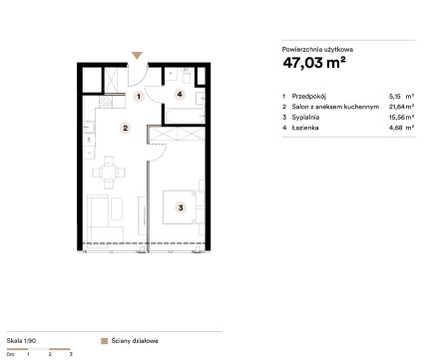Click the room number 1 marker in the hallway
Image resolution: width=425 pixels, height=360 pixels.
click(x=139, y=97)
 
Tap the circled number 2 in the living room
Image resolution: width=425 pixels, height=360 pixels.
click(x=126, y=128)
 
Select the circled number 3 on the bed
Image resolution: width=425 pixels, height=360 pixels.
click(x=181, y=207)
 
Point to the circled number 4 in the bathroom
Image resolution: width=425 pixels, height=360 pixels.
click(x=180, y=95)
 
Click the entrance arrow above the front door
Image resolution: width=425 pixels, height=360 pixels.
click(x=137, y=56)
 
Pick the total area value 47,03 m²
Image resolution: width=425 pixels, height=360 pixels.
click(x=314, y=63)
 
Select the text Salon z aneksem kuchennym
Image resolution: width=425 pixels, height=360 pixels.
click(x=335, y=107)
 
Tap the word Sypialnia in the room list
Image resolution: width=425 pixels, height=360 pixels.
click(x=305, y=118)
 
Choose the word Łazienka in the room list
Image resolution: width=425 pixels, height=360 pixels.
click(x=305, y=128)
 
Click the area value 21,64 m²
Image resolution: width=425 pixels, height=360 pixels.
click(x=402, y=107)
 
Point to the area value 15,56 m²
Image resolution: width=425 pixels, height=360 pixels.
click(x=402, y=118)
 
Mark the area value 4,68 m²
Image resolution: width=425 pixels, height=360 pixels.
click(x=402, y=128)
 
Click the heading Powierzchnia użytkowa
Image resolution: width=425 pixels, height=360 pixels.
click(x=317, y=50)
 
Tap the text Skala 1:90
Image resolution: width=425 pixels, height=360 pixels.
click(x=21, y=341)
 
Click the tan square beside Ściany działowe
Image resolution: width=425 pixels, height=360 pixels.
click(x=104, y=341)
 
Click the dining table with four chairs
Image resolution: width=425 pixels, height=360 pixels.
click(x=109, y=173)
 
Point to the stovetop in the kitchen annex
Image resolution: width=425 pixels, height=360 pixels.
click(x=106, y=102)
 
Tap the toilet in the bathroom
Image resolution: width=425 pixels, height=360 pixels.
click(x=186, y=76)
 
